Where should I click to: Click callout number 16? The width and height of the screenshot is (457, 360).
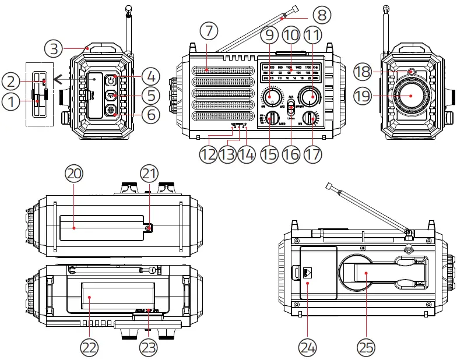point(291,154)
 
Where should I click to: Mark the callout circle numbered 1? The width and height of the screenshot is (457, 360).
point(10,103)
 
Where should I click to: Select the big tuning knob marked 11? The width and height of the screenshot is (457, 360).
point(313,96)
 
